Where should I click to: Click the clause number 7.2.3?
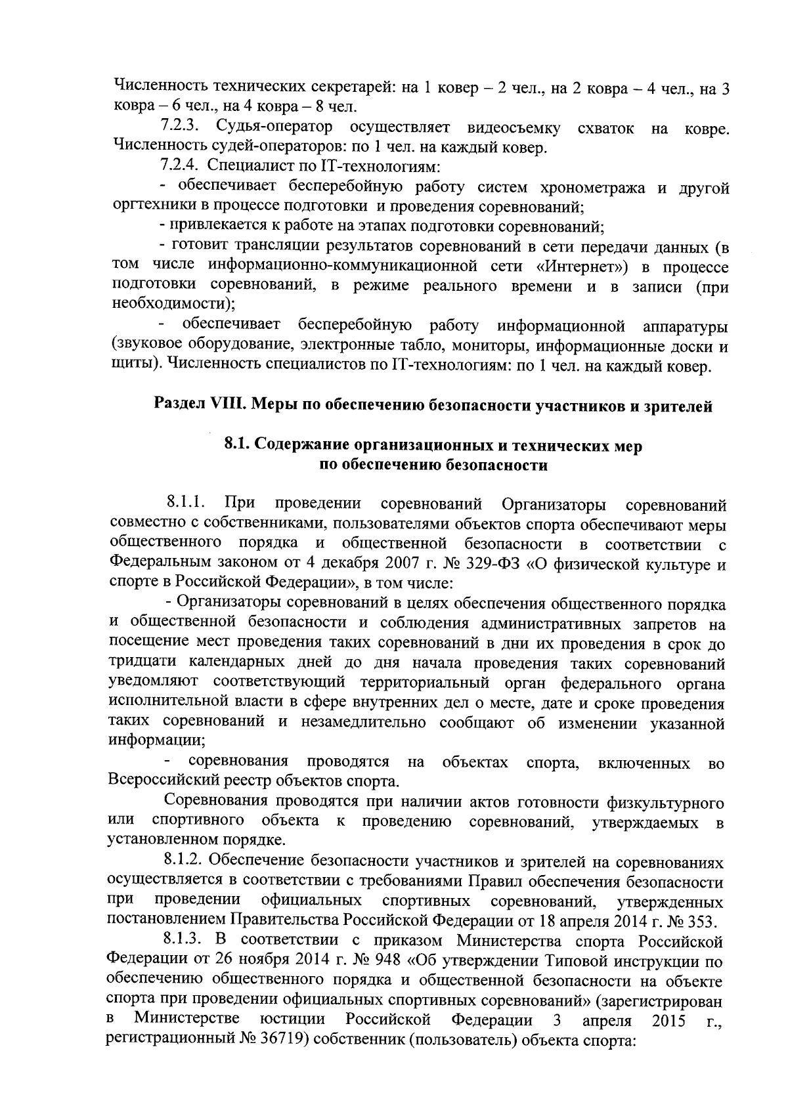coord(179,127)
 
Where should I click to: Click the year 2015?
coord(670,1021)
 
